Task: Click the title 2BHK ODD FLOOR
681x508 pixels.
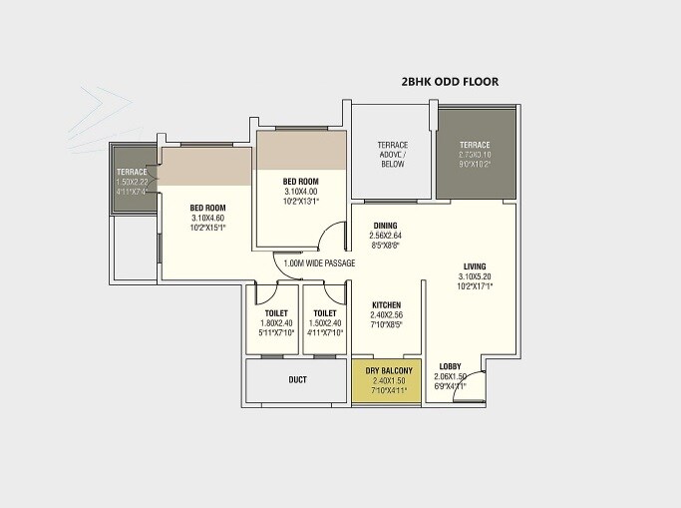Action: (x=449, y=82)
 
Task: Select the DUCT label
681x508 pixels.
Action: (x=297, y=380)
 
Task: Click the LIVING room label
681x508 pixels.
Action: (x=475, y=266)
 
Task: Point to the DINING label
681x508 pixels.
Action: (x=387, y=226)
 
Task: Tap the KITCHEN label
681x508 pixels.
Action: (x=387, y=304)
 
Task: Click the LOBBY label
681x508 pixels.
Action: (x=450, y=366)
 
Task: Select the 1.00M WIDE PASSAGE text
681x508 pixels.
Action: (x=319, y=263)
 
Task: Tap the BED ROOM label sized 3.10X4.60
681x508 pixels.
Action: (x=207, y=209)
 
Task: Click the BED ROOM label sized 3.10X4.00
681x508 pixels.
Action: (x=300, y=181)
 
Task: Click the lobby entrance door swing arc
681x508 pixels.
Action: (x=471, y=386)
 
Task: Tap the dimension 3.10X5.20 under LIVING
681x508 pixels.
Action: (x=475, y=276)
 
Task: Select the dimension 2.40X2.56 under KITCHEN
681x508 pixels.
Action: (x=387, y=315)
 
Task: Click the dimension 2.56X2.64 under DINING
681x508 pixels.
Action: (x=387, y=236)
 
